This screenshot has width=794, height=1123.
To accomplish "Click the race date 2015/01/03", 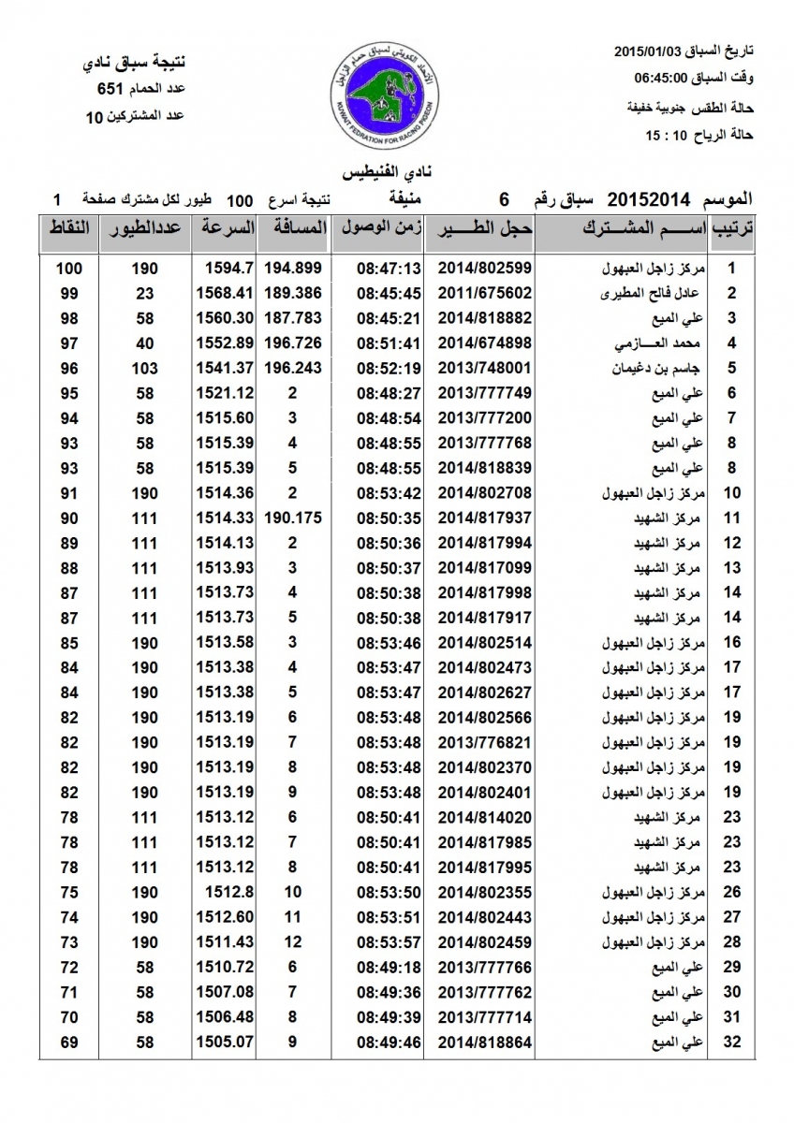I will [x=651, y=50].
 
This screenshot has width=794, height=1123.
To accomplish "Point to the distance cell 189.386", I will [x=293, y=293].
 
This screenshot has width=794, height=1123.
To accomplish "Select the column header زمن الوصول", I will [x=376, y=227].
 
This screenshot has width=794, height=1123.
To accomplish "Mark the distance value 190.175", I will [x=293, y=518].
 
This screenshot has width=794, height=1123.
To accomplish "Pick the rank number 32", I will [x=733, y=1041].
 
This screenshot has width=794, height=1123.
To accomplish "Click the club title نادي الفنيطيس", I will [x=388, y=174].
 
